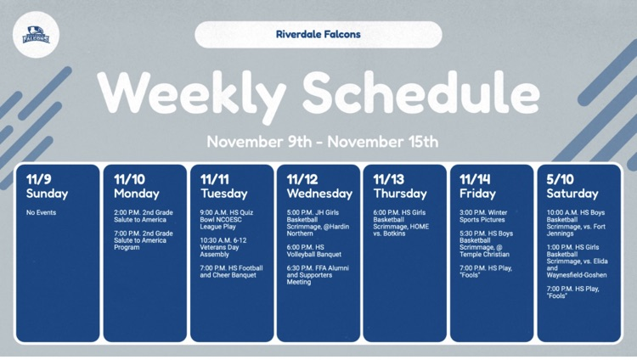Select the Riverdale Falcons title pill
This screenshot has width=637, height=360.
click(318, 35)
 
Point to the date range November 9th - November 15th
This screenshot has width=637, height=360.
click(323, 141)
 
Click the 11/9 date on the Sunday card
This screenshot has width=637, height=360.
click(38, 179)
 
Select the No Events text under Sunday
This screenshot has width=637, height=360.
click(41, 212)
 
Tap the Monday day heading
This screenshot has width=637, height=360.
click(136, 194)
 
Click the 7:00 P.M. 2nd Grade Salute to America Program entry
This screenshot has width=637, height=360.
click(144, 239)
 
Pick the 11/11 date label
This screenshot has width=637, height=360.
click(216, 179)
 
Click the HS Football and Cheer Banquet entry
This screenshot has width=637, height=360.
click(232, 272)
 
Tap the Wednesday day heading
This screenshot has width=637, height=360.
click(319, 194)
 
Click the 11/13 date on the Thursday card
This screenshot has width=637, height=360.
click(389, 179)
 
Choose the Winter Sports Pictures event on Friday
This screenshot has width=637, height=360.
click(484, 216)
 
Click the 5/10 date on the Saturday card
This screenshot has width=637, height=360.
click(561, 179)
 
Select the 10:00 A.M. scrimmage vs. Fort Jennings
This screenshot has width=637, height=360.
click(576, 222)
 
